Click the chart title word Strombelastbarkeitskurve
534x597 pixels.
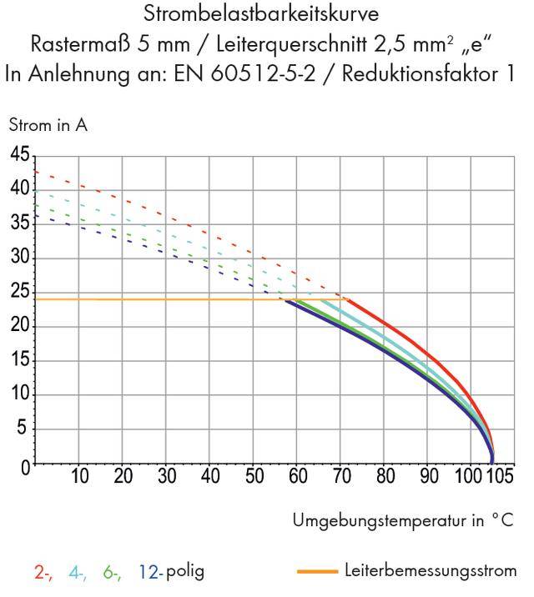coord(266,14)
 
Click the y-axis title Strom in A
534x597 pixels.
coord(48,126)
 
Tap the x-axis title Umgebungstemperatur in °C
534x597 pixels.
coord(402,521)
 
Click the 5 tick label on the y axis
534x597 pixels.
coord(23,429)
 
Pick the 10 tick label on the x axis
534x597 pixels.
coord(79,478)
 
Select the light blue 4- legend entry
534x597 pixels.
coord(78,572)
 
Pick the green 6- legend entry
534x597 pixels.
coord(112,572)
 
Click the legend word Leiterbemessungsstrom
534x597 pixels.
coord(430,571)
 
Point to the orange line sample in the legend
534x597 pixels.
coord(317,572)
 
